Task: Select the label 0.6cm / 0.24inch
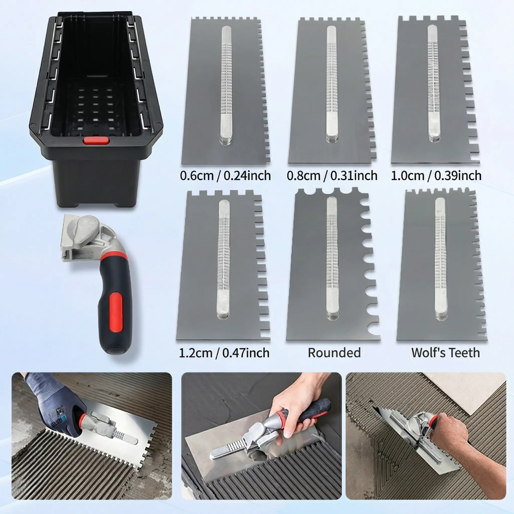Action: pyautogui.click(x=225, y=176)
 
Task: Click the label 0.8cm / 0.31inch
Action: pyautogui.click(x=332, y=176)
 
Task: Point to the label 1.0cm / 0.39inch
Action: pyautogui.click(x=436, y=176)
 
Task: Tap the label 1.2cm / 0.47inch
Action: pyautogui.click(x=224, y=353)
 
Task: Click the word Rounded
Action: pyautogui.click(x=334, y=353)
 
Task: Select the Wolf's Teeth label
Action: pyautogui.click(x=446, y=353)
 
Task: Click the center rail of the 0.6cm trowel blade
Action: pyautogui.click(x=226, y=85)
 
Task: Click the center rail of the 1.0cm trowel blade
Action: pyautogui.click(x=434, y=83)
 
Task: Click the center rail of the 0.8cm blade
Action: pyautogui.click(x=332, y=83)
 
